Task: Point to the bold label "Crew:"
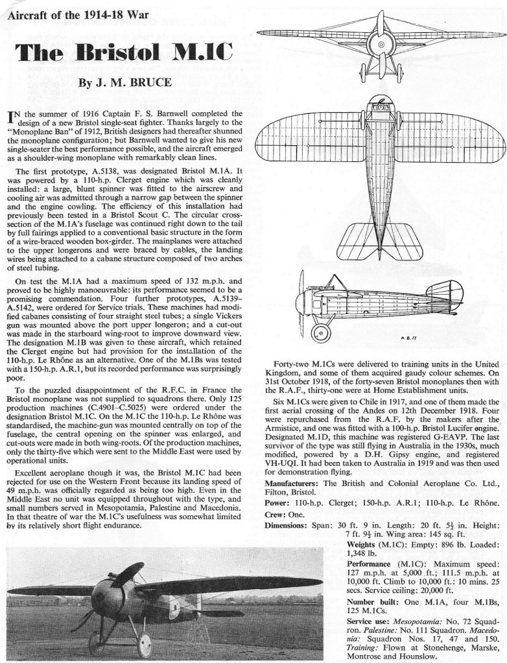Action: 279,513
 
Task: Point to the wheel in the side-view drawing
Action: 321,333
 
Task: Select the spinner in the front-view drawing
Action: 383,45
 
